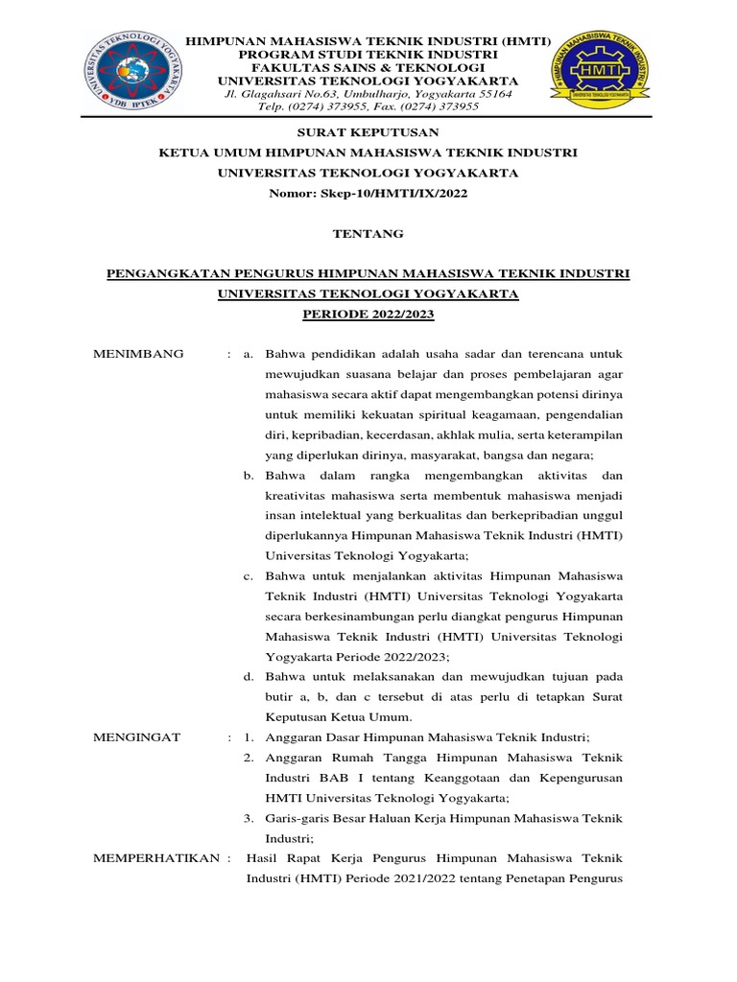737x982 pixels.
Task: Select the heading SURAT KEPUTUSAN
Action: [368, 132]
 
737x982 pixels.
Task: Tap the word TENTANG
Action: [368, 233]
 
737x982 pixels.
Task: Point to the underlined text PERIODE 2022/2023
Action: [368, 314]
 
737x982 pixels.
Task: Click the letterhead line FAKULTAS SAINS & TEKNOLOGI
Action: [368, 68]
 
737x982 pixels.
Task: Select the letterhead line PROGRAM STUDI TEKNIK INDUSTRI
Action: [368, 56]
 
